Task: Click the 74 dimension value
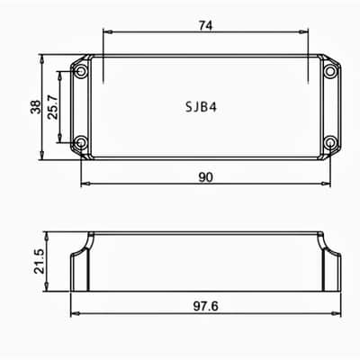click(x=205, y=26)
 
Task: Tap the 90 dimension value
click(x=205, y=177)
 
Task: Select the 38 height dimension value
click(x=36, y=107)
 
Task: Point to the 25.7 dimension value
click(x=52, y=107)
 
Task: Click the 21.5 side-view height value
click(x=39, y=261)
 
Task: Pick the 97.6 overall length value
click(x=205, y=306)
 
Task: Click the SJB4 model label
click(x=201, y=107)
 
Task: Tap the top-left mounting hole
click(x=81, y=71)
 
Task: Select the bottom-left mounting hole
click(x=81, y=142)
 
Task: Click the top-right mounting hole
click(x=330, y=71)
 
